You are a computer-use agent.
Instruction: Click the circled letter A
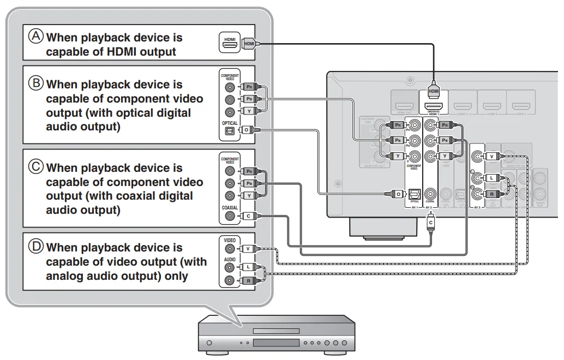(x=36, y=37)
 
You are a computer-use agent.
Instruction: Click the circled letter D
(x=36, y=247)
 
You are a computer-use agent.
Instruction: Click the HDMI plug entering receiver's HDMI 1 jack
(x=434, y=90)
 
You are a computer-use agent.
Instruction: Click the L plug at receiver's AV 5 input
(x=491, y=178)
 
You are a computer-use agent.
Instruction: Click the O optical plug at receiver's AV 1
(x=399, y=193)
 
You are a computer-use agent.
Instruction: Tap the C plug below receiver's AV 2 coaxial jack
(x=430, y=222)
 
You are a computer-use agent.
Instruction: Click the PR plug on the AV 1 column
(x=398, y=125)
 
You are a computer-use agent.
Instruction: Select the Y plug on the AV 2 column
(x=445, y=157)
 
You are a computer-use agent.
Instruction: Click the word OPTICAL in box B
(x=230, y=123)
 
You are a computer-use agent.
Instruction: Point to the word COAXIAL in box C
(x=230, y=208)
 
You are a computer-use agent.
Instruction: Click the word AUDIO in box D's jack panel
(x=229, y=260)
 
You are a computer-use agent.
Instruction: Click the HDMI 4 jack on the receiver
(x=520, y=103)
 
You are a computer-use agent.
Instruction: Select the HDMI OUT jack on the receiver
(x=404, y=103)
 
